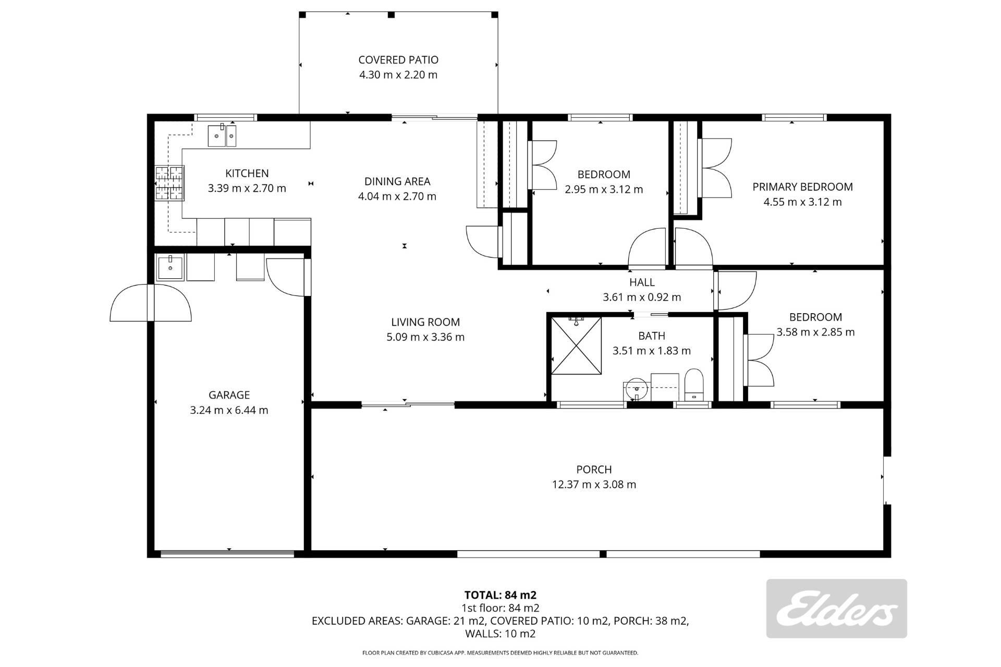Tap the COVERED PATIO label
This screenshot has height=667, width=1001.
click(398, 60)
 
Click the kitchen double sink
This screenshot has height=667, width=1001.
click(222, 135)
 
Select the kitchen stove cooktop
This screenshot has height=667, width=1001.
click(169, 183)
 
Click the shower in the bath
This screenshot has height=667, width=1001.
click(576, 345)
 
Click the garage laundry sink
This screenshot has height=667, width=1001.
click(170, 268)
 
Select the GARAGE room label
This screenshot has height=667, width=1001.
click(229, 395)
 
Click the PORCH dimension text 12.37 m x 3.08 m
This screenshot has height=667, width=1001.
click(594, 485)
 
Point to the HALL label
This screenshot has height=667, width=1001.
click(642, 282)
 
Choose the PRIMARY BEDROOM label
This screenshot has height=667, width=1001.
click(802, 187)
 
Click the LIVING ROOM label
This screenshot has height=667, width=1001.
click(425, 322)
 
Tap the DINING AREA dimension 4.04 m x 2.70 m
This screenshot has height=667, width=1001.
click(397, 196)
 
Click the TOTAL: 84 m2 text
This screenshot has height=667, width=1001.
click(500, 595)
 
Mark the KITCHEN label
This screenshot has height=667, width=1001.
click(247, 174)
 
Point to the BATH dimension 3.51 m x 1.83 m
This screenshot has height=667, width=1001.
click(652, 351)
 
